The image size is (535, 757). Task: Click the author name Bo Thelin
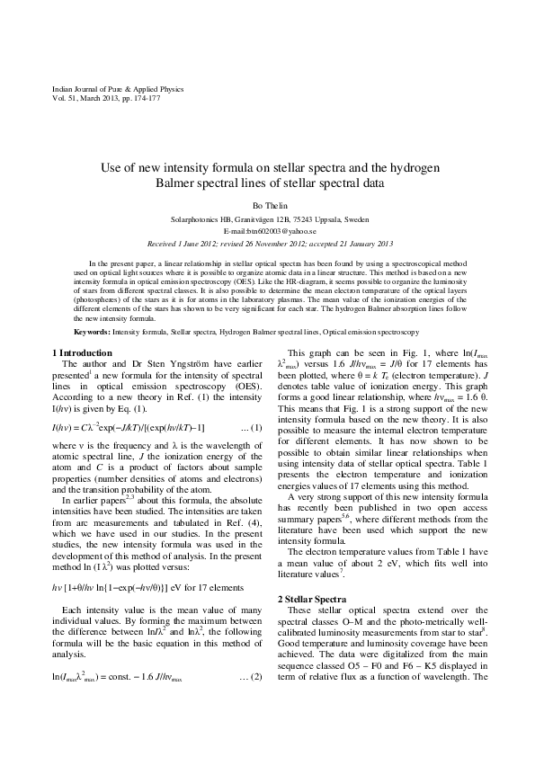[267, 206]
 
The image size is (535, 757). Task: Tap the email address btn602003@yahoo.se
[267, 231]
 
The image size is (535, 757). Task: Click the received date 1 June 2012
[192, 243]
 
